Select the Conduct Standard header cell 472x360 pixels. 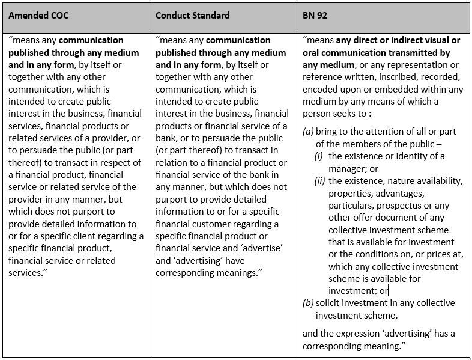192,16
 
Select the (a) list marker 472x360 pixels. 309,132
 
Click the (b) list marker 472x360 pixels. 309,303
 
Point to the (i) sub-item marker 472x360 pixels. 320,156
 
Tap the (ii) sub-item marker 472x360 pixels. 321,181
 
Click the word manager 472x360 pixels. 347,168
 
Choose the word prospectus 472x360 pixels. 399,206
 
